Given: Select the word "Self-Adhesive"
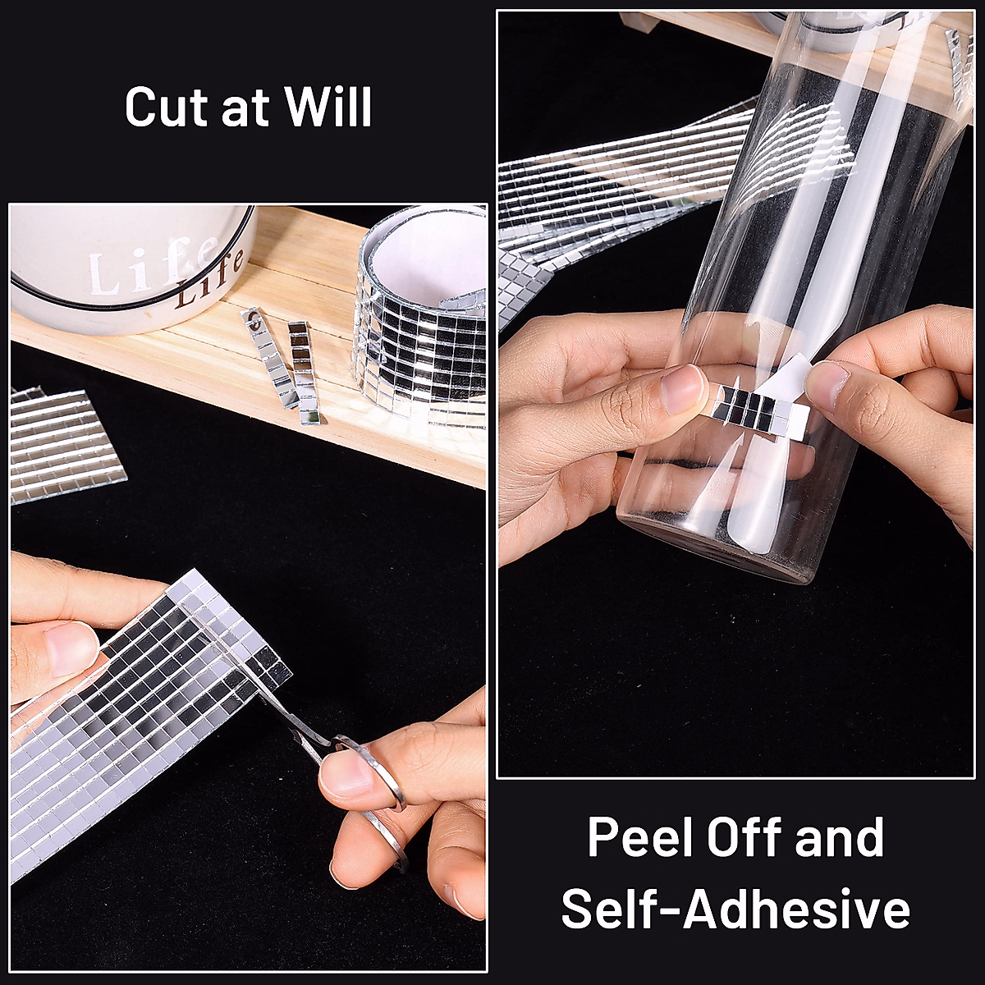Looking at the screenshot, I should (x=735, y=909).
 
